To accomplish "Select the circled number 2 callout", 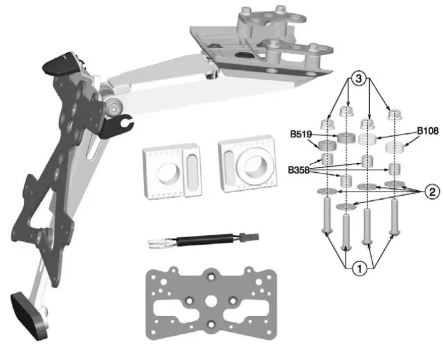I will point(430,192).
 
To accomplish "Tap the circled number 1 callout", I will point(359,270).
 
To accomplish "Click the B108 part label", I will point(429,132).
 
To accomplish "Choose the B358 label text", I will point(300,169).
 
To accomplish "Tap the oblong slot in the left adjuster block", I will point(192,170).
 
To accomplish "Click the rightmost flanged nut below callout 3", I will point(394,117).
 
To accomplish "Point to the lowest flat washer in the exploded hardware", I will point(344,206).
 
